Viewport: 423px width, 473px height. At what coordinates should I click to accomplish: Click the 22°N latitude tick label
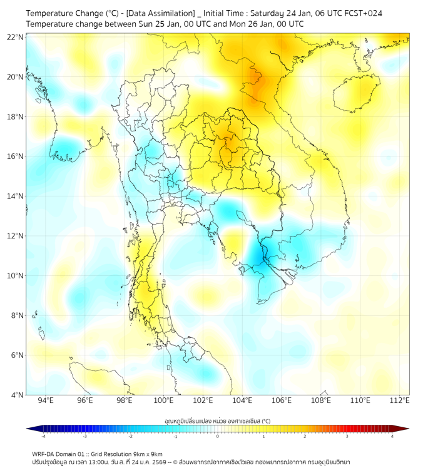click(16, 38)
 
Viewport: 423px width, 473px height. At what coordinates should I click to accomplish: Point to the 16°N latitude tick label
click(16, 156)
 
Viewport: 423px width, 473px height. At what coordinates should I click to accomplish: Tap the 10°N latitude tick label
click(16, 276)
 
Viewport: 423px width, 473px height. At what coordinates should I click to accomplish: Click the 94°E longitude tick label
click(46, 400)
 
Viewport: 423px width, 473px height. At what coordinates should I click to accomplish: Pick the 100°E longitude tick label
click(164, 400)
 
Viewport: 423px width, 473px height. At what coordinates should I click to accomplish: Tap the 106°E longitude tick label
click(282, 400)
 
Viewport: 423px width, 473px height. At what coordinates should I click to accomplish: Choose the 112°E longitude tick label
click(400, 400)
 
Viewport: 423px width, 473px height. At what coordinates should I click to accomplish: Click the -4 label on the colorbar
click(43, 436)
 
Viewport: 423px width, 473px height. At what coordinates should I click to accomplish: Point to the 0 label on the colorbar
click(218, 436)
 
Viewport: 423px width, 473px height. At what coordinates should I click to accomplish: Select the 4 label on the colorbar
click(392, 436)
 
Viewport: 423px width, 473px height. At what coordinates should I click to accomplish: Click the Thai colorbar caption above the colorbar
click(217, 420)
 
